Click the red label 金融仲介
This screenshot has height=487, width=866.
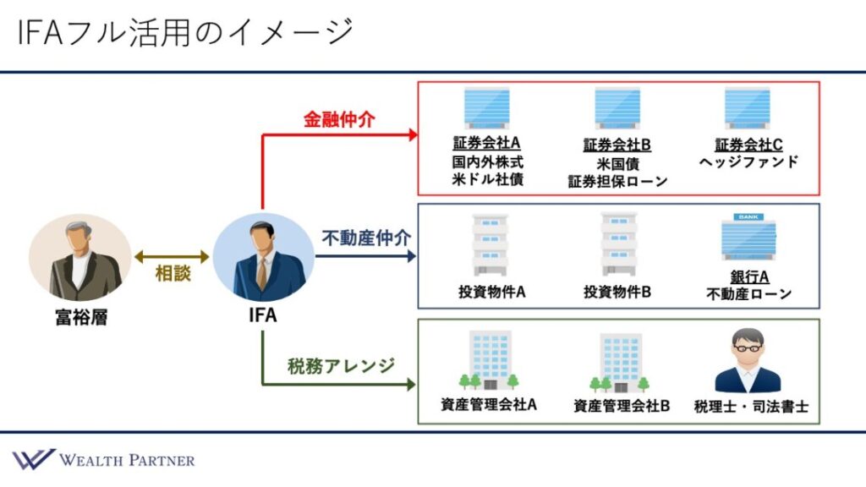tap(339, 119)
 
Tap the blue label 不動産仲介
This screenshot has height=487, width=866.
tap(366, 238)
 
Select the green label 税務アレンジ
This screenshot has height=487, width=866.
tap(341, 365)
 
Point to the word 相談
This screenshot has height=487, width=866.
tap(173, 273)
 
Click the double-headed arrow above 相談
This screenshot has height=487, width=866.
tap(172, 256)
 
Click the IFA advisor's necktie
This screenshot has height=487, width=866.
tap(262, 272)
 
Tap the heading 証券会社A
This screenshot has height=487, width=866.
tap(486, 143)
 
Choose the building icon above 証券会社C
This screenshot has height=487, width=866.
tap(748, 107)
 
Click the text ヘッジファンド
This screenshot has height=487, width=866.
tap(748, 161)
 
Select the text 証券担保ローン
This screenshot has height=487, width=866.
tap(617, 181)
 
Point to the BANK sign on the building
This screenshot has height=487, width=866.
tap(748, 217)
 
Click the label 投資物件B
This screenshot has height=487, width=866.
tap(617, 292)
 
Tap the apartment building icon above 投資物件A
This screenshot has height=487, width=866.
tap(490, 244)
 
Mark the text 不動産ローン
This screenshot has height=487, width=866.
tap(749, 293)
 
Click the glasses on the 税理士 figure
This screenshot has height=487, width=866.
tap(748, 348)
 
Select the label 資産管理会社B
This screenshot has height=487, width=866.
tap(622, 406)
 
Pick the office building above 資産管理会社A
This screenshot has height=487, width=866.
tap(490, 360)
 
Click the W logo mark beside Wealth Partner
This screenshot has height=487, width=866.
tap(34, 459)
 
